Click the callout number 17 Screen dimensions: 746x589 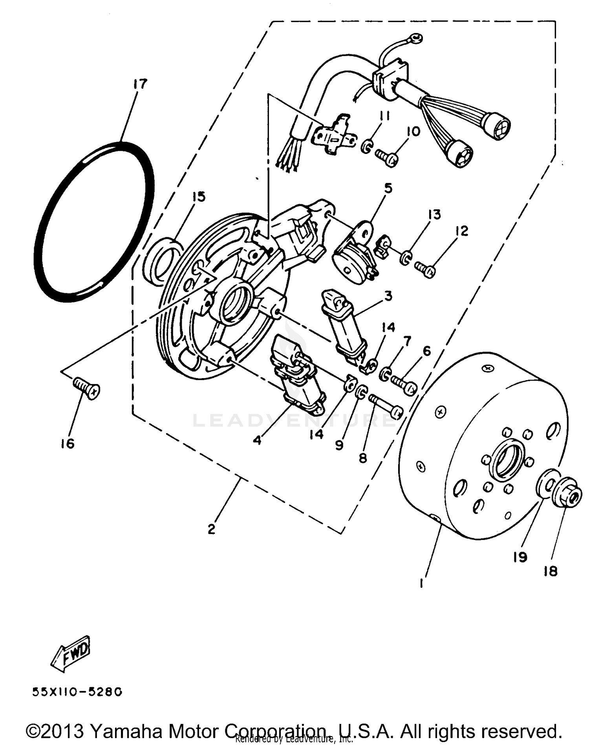pyautogui.click(x=140, y=84)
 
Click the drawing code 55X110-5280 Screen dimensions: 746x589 pyautogui.click(x=77, y=692)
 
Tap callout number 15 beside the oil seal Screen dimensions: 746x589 pyautogui.click(x=199, y=196)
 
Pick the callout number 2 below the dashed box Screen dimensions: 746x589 pyautogui.click(x=211, y=529)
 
